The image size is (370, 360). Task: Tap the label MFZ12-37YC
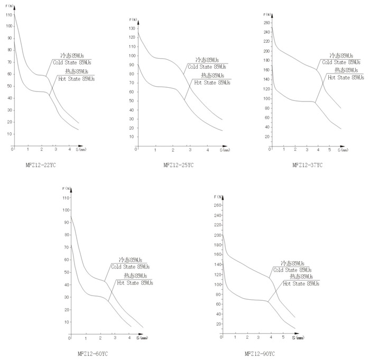pos(307,165)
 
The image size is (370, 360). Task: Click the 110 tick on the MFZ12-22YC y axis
pos(8,15)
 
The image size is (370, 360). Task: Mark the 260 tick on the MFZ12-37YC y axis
pos(266,23)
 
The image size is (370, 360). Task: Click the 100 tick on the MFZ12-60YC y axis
pos(66,210)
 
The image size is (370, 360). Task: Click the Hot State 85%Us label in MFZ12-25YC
pos(212,82)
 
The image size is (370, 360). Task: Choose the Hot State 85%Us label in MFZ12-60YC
pos(135,283)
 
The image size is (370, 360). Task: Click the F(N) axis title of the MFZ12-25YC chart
pos(133,20)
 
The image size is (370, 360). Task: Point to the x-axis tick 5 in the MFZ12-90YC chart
pos(283,337)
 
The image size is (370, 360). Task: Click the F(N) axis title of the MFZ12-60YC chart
pos(67,188)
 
